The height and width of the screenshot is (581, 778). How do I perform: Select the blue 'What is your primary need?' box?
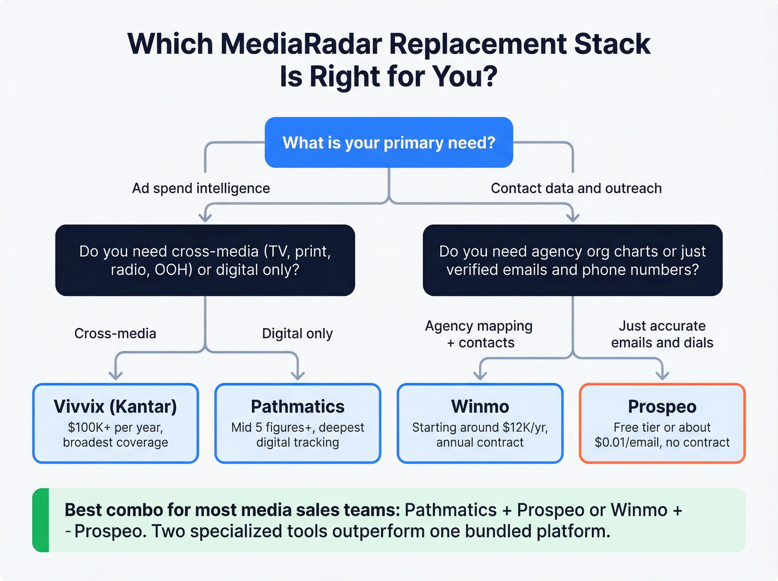(388, 143)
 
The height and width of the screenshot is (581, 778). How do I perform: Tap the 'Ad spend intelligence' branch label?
(201, 188)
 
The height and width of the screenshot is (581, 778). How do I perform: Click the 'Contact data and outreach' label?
(576, 188)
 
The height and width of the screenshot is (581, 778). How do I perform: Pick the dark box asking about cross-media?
(205, 260)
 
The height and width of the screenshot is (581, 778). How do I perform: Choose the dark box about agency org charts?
(572, 260)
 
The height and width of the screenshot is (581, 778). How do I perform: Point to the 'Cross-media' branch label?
(115, 334)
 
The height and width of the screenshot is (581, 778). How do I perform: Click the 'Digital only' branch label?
(297, 334)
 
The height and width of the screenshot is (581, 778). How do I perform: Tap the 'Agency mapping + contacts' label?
(479, 334)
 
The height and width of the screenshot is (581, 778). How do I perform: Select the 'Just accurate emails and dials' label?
(662, 334)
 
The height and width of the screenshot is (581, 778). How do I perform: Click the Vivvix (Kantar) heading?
(115, 406)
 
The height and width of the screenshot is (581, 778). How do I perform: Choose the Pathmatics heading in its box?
(297, 406)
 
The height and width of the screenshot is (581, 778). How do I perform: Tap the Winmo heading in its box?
(480, 406)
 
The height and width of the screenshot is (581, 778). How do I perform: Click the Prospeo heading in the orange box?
(662, 406)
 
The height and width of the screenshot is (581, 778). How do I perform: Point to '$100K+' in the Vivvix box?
(89, 428)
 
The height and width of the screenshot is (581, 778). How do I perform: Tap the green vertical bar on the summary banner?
(41, 520)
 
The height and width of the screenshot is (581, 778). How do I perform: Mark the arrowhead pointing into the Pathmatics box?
(298, 375)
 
